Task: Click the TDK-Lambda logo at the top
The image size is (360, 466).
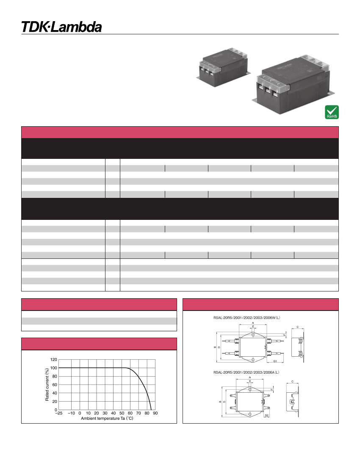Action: coord(62,27)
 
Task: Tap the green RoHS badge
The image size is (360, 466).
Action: coord(331,112)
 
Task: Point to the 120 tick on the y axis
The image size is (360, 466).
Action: coord(53,359)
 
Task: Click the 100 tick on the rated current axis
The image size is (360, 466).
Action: coord(53,368)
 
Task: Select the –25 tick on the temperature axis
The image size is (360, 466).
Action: coord(59,413)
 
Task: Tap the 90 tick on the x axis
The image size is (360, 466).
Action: coord(155,413)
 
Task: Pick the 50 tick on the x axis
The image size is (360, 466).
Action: coord(122,413)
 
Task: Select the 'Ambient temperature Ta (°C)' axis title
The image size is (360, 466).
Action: coord(107,419)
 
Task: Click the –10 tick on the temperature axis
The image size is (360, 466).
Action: coord(72,413)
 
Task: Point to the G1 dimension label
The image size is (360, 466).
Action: coord(275,361)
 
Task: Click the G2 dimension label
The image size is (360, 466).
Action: coord(266,416)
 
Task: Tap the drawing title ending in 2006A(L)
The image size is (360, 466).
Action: coord(246,373)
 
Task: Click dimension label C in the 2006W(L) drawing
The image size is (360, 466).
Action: coord(298,327)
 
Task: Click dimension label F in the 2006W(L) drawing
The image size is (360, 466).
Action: coord(284,335)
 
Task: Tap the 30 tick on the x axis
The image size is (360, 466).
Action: coord(105,413)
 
